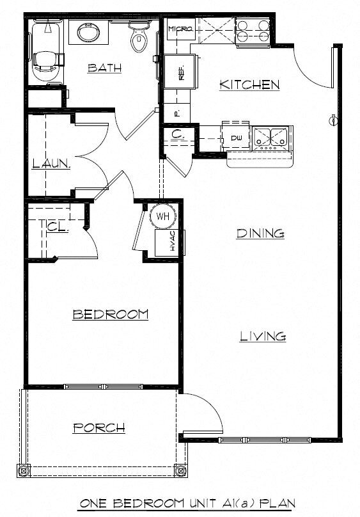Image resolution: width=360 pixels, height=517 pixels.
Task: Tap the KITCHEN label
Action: click(249, 84)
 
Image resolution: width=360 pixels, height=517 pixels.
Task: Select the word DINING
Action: click(260, 234)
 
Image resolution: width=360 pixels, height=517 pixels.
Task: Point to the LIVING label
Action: click(262, 337)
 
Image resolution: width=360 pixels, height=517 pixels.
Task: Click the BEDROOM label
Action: click(111, 314)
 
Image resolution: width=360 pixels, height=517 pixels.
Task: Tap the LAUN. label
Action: click(51, 164)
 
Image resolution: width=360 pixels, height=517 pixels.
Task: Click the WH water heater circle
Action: click(162, 216)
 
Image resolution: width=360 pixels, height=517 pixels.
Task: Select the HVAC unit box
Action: click(168, 243)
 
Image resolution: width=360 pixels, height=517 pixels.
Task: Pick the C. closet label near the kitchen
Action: click(178, 135)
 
